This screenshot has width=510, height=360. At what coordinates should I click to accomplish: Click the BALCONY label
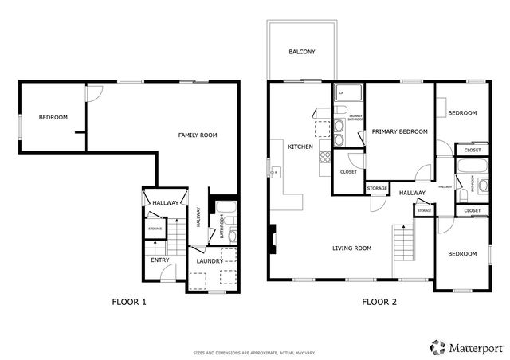click(x=301, y=53)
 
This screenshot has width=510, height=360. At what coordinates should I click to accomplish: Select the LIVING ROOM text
click(x=352, y=248)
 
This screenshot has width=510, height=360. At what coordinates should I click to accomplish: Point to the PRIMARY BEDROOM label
click(x=399, y=131)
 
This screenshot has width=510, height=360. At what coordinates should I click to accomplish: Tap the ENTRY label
click(x=159, y=260)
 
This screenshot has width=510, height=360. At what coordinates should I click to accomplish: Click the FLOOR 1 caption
click(x=127, y=302)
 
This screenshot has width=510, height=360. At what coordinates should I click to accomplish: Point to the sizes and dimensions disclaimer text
click(x=255, y=352)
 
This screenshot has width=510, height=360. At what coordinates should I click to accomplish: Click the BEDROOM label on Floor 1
click(x=53, y=118)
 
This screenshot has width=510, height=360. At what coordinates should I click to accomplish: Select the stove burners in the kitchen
click(x=325, y=156)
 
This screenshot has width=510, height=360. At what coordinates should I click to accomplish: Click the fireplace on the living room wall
click(x=273, y=237)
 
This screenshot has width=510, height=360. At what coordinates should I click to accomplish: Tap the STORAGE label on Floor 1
click(x=155, y=229)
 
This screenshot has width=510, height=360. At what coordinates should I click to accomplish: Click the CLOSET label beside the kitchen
click(x=348, y=171)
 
